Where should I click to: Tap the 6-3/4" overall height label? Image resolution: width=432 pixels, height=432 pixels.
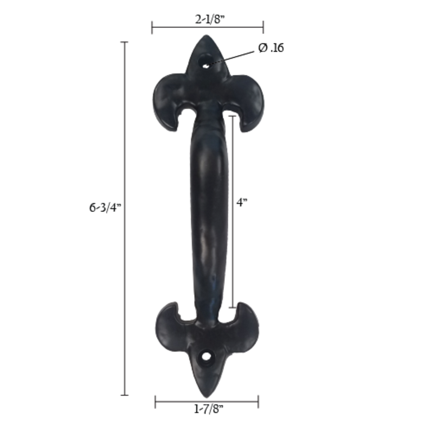105,208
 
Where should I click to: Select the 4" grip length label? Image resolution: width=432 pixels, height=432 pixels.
242,202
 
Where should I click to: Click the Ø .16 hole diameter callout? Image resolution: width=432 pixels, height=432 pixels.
271,48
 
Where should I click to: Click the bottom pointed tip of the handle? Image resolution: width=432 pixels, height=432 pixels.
207,392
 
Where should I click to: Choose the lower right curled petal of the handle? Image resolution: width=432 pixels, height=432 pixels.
246,322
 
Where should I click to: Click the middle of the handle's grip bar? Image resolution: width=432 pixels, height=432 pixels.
209,212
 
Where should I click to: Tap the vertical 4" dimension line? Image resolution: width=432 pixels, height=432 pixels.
233,252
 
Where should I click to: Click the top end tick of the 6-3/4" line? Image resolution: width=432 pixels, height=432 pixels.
125,42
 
